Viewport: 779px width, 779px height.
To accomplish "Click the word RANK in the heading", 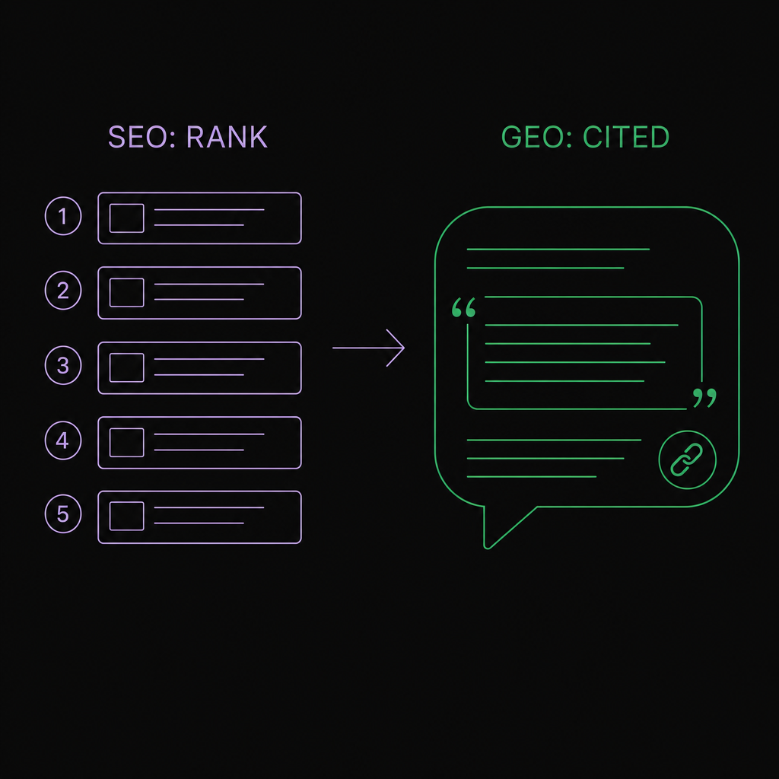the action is pos(227,137).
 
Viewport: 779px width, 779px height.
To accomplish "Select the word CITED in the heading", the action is pos(626,137).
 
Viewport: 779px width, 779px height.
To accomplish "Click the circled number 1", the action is pos(63,215).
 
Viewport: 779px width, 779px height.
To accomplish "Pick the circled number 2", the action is pos(63,290).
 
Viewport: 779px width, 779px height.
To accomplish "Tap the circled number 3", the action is pos(63,365).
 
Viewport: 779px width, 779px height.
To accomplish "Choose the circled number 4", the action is pos(63,440).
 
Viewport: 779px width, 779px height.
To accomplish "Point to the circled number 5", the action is pos(63,514).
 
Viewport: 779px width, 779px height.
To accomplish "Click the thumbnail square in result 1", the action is pos(127,218).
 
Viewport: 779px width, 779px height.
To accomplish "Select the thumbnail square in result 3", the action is pos(127,367).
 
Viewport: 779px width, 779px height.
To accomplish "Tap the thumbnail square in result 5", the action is pos(127,517).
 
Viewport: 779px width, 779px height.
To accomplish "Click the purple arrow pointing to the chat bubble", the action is pos(368,348).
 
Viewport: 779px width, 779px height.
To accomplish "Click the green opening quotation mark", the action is pos(463,307).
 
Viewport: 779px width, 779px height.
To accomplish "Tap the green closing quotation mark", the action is pos(704,398).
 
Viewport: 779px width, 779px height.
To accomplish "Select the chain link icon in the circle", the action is pos(687,459).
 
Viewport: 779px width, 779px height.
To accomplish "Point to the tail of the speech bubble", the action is pos(488,545).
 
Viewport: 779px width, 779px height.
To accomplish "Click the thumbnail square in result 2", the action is pos(127,293).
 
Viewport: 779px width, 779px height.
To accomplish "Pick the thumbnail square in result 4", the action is pos(127,443).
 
